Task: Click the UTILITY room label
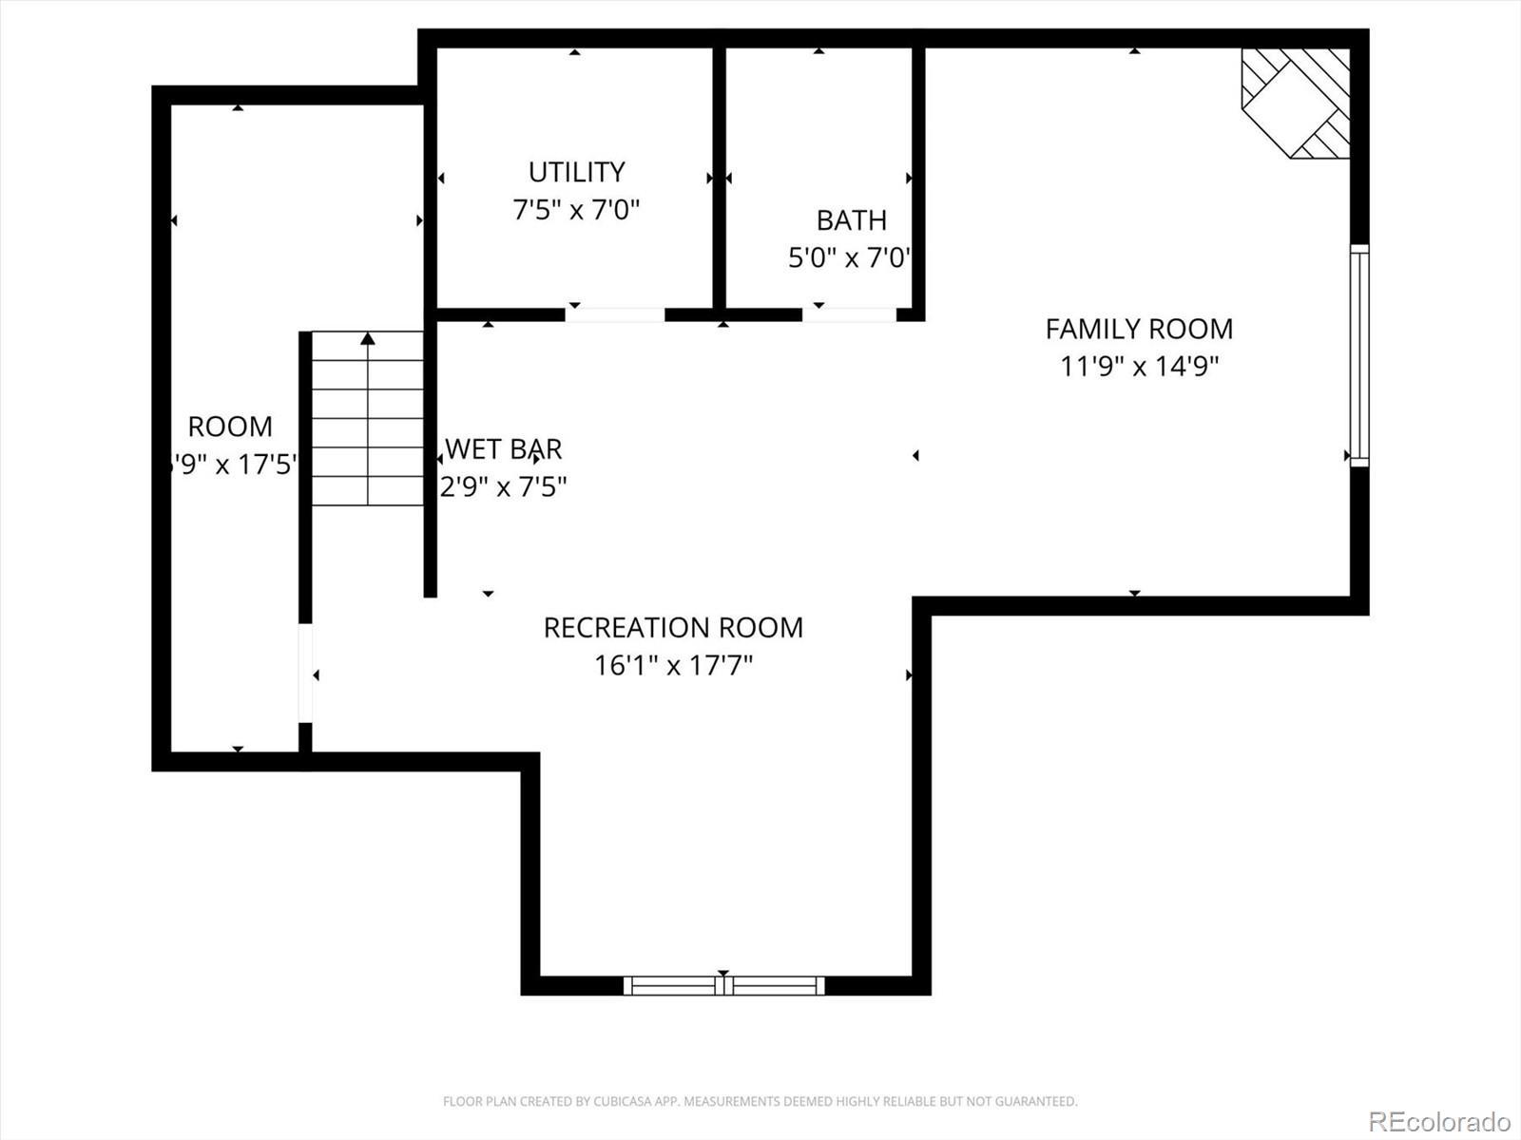click(576, 172)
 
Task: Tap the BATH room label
click(851, 220)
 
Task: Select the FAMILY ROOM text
click(1139, 329)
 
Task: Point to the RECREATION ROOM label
click(673, 628)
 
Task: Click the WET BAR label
click(504, 448)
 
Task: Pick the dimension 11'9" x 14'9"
click(1139, 366)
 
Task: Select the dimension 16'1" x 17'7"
click(673, 665)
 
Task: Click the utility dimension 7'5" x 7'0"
click(576, 209)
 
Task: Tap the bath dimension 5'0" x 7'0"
click(849, 257)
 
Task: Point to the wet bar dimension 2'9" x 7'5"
click(503, 486)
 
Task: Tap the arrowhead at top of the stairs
click(368, 338)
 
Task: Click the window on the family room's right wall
click(1359, 355)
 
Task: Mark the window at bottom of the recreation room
click(723, 986)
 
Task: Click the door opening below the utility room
click(615, 314)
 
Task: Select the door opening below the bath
click(849, 314)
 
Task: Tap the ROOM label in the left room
click(230, 427)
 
